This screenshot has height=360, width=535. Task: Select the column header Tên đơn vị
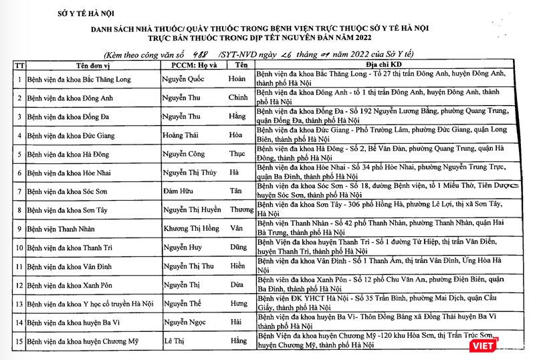pyautogui.click(x=82, y=65)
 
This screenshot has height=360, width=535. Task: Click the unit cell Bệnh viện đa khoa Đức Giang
pyautogui.click(x=72, y=135)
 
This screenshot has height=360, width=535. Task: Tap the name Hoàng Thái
pyautogui.click(x=181, y=135)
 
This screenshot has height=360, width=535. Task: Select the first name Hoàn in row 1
pyautogui.click(x=237, y=79)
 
